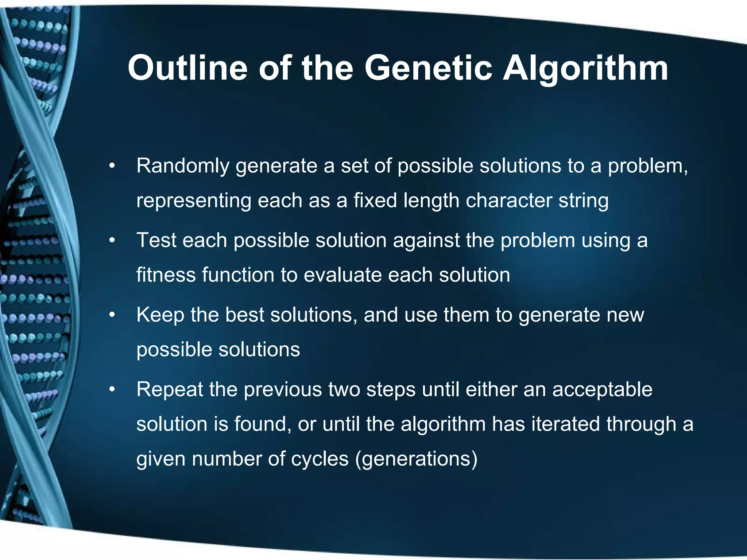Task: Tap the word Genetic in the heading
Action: (x=428, y=68)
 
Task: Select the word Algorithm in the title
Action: (x=585, y=68)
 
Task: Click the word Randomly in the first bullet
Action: (x=183, y=166)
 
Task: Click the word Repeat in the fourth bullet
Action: (x=170, y=390)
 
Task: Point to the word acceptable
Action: (x=602, y=390)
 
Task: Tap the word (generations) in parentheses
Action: (x=416, y=459)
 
